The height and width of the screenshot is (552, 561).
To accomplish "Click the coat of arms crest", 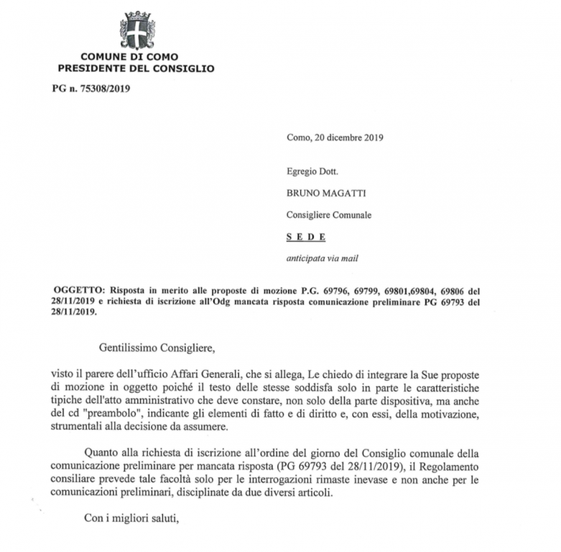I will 136,30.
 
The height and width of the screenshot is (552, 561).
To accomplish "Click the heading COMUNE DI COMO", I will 129,57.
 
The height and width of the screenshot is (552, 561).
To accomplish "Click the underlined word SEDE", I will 306,236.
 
